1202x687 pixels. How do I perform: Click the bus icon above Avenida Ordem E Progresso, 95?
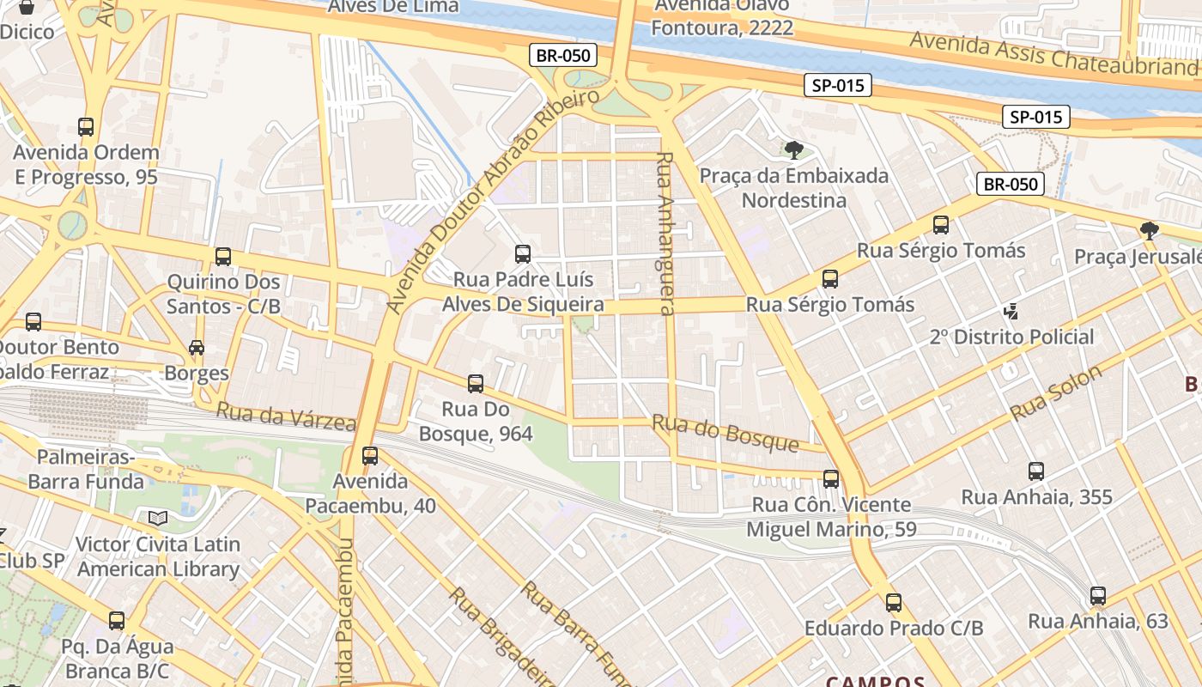pos(86,127)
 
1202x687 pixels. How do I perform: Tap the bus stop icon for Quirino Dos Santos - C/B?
pos(223,256)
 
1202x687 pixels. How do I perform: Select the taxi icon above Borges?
pos(197,348)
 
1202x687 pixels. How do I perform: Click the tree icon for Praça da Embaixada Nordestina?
pos(794,150)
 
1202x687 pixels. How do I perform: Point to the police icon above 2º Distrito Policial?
pos(1011,311)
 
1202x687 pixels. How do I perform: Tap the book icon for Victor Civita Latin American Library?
pos(157,518)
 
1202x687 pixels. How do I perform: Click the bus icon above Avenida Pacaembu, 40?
pos(370,455)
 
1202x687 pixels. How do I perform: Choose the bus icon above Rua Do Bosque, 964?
pos(476,383)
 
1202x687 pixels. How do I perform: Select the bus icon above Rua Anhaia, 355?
pos(1036,471)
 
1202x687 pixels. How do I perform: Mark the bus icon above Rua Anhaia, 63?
pos(1097,595)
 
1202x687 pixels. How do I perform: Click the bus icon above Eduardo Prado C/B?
pos(894,602)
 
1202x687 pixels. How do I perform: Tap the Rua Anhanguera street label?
pos(666,234)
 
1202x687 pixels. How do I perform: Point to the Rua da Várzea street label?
pos(285,416)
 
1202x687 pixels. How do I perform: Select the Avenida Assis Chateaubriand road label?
pos(1054,53)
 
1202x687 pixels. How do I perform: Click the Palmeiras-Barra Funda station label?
pos(86,469)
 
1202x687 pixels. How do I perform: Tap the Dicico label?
pos(27,32)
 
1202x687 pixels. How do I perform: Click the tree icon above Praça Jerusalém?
pos(1149,230)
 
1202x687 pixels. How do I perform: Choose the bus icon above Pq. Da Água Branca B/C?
pos(117,620)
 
